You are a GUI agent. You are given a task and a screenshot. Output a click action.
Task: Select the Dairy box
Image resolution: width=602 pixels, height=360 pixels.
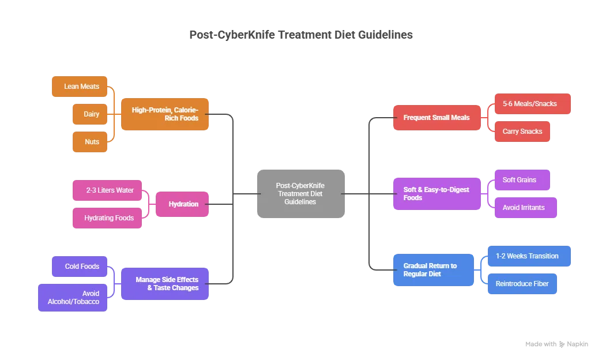(x=91, y=114)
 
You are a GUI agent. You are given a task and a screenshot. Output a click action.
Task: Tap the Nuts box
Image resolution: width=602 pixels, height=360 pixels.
(x=91, y=142)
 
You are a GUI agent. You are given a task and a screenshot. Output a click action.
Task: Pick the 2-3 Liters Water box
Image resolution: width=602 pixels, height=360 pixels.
(x=108, y=190)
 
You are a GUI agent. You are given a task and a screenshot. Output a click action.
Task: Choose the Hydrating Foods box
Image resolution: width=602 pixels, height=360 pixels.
(x=108, y=218)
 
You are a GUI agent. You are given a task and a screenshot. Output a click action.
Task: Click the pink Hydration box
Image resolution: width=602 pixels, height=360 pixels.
(x=183, y=204)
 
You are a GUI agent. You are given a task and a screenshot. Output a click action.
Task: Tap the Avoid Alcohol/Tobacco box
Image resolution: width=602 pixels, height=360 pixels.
(x=74, y=298)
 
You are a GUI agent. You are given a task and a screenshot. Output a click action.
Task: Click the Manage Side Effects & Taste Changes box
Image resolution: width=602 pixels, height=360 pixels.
(x=165, y=284)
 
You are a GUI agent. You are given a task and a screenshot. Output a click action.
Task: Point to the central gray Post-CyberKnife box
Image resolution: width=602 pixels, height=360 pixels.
(x=300, y=194)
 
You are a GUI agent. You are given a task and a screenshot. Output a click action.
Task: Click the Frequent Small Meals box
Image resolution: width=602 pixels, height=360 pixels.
(x=437, y=118)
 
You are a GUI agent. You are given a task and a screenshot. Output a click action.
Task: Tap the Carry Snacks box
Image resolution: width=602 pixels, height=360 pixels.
(x=522, y=132)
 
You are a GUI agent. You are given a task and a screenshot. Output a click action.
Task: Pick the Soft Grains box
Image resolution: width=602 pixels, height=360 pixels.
(x=522, y=180)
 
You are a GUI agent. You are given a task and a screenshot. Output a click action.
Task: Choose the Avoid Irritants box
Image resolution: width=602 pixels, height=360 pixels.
(x=525, y=208)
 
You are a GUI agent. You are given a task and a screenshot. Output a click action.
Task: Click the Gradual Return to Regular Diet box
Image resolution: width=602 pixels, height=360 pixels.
(x=434, y=270)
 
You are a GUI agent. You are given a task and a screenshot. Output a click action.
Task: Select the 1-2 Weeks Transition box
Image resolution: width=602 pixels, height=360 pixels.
(x=529, y=256)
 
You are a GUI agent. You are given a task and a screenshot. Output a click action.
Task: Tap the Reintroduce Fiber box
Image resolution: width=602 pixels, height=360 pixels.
(x=522, y=284)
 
